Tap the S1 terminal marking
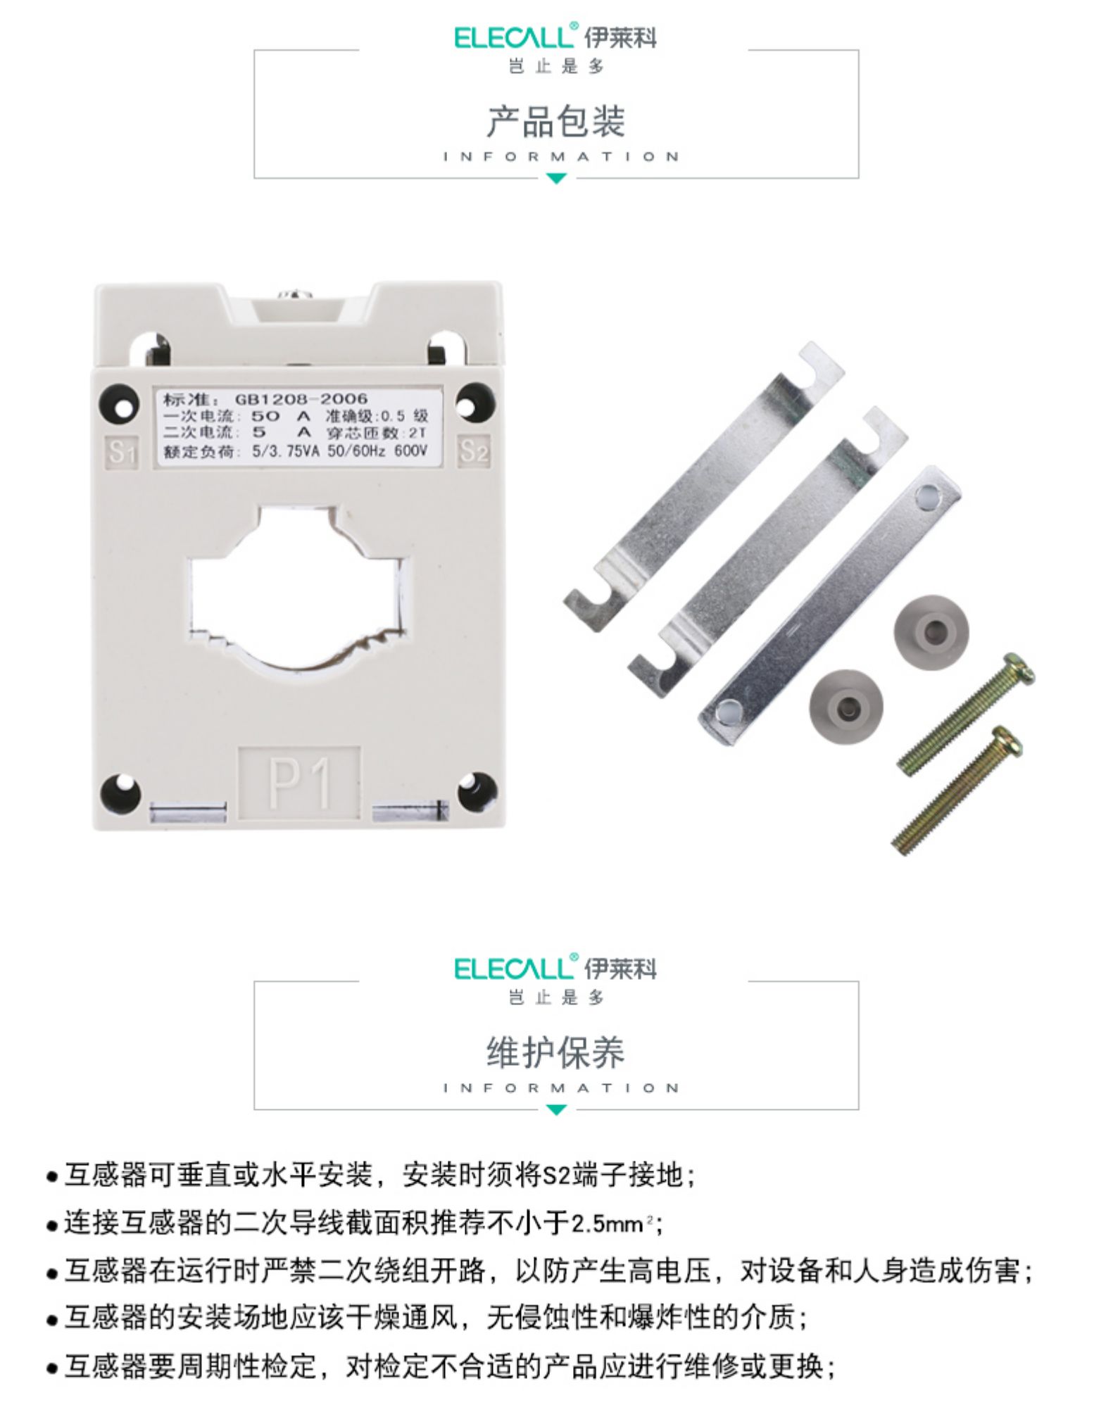pos(122,450)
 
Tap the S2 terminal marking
pos(473,450)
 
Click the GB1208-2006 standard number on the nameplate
pos(301,399)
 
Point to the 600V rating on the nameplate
pos(410,451)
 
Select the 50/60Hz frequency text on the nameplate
pos(356,451)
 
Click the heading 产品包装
pos(556,121)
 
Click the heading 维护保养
pos(556,1052)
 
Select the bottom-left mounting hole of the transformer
pos(120,791)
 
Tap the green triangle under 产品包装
pos(556,179)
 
